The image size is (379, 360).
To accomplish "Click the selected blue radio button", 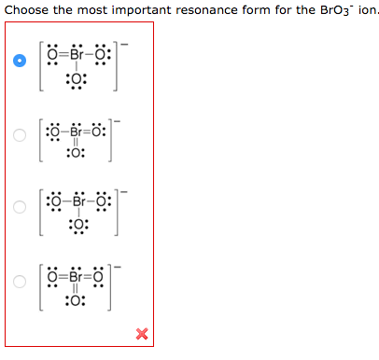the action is pos(20,61).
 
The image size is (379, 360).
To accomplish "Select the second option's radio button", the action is pos(20,135).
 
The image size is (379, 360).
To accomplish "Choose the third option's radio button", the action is pos(20,207).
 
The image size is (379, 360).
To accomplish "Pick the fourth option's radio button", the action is pos(20,282).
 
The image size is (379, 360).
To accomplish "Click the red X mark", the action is pos(142,334).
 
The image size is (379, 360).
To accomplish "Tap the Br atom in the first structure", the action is pos(77,55).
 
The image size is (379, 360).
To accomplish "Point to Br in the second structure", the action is pos(77,132).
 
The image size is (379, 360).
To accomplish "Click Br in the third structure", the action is pos(79,201).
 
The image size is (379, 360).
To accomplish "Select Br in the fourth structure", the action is pos(76,276).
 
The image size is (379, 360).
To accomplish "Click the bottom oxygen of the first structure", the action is pos(77,79).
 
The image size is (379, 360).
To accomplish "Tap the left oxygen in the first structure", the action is pos(52,55).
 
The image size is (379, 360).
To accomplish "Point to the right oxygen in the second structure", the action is pos(96,132).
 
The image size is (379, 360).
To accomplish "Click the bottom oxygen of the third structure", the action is pos(78,225).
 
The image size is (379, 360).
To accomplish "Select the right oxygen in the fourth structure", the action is pos(98,276).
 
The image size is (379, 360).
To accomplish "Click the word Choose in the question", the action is pos(26,10).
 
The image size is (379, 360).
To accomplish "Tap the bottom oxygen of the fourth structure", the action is pos(76,300).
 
